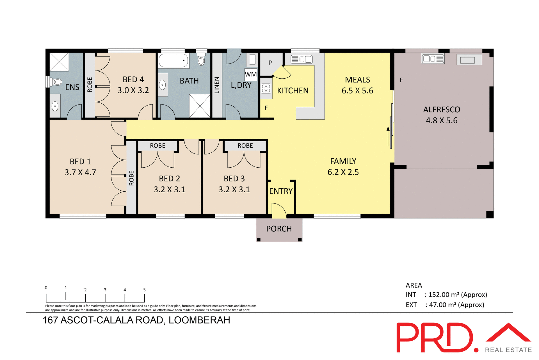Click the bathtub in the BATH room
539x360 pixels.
(173, 60)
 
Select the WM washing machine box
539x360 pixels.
(251, 74)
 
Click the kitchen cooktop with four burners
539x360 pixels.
(266, 88)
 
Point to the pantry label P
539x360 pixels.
(270, 63)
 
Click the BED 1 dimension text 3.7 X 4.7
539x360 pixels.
(80, 172)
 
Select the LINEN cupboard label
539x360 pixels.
(217, 85)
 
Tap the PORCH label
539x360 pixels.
(279, 229)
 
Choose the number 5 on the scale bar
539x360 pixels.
(144, 290)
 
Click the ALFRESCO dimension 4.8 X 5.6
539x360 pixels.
(442, 120)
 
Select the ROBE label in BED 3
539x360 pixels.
(245, 146)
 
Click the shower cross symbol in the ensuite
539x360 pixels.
(59, 62)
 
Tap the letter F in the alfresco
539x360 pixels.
(401, 80)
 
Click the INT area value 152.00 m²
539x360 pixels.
(443, 295)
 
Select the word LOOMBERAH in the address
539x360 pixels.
(199, 320)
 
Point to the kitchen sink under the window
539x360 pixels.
(302, 59)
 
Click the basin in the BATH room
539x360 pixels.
(162, 85)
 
